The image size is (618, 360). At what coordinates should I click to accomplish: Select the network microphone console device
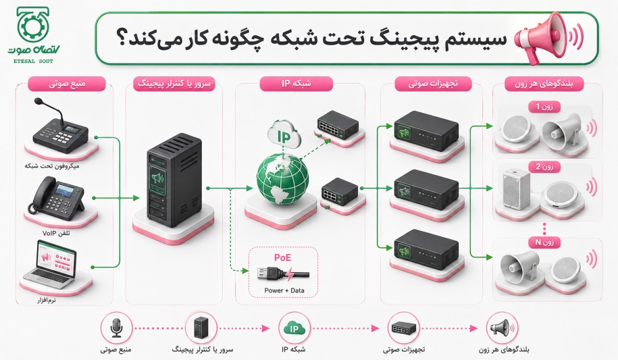[x=60, y=127]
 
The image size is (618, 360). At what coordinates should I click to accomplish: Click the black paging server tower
[x=174, y=180]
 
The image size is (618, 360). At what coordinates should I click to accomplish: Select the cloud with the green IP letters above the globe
[x=284, y=136]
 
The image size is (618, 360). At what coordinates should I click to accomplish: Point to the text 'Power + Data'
[x=284, y=290]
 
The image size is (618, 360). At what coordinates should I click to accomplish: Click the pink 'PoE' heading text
[x=282, y=257]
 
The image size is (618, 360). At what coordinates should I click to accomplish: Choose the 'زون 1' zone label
[x=544, y=107]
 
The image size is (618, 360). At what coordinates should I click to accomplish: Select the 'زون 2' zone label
[x=544, y=167]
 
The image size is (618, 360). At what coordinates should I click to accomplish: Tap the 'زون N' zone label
[x=544, y=242]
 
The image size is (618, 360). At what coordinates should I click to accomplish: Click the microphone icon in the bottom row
[x=116, y=328]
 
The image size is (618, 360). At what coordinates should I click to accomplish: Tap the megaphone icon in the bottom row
[x=502, y=328]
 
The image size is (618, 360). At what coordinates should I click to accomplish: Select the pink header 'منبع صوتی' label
[x=67, y=84]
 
